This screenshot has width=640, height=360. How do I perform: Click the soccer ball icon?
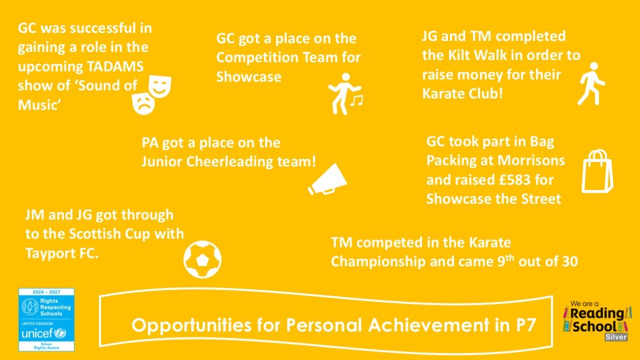click(x=202, y=259)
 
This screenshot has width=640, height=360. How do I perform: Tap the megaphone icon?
click(x=328, y=180)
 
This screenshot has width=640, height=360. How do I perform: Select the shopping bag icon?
click(x=597, y=171)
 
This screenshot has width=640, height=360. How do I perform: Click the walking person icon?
click(x=591, y=83)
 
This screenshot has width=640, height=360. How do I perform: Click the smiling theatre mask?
click(x=160, y=86)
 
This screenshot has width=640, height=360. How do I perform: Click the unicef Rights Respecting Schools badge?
click(x=47, y=319)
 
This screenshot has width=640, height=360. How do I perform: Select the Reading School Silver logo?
click(x=597, y=321)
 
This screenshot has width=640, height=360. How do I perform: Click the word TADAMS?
click(x=115, y=67)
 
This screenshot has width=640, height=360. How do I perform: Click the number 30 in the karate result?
click(x=570, y=261)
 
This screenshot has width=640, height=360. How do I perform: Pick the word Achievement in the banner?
click(x=429, y=325)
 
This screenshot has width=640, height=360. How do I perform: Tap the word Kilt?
click(x=460, y=55)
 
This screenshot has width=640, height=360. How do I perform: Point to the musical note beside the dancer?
click(x=357, y=101)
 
